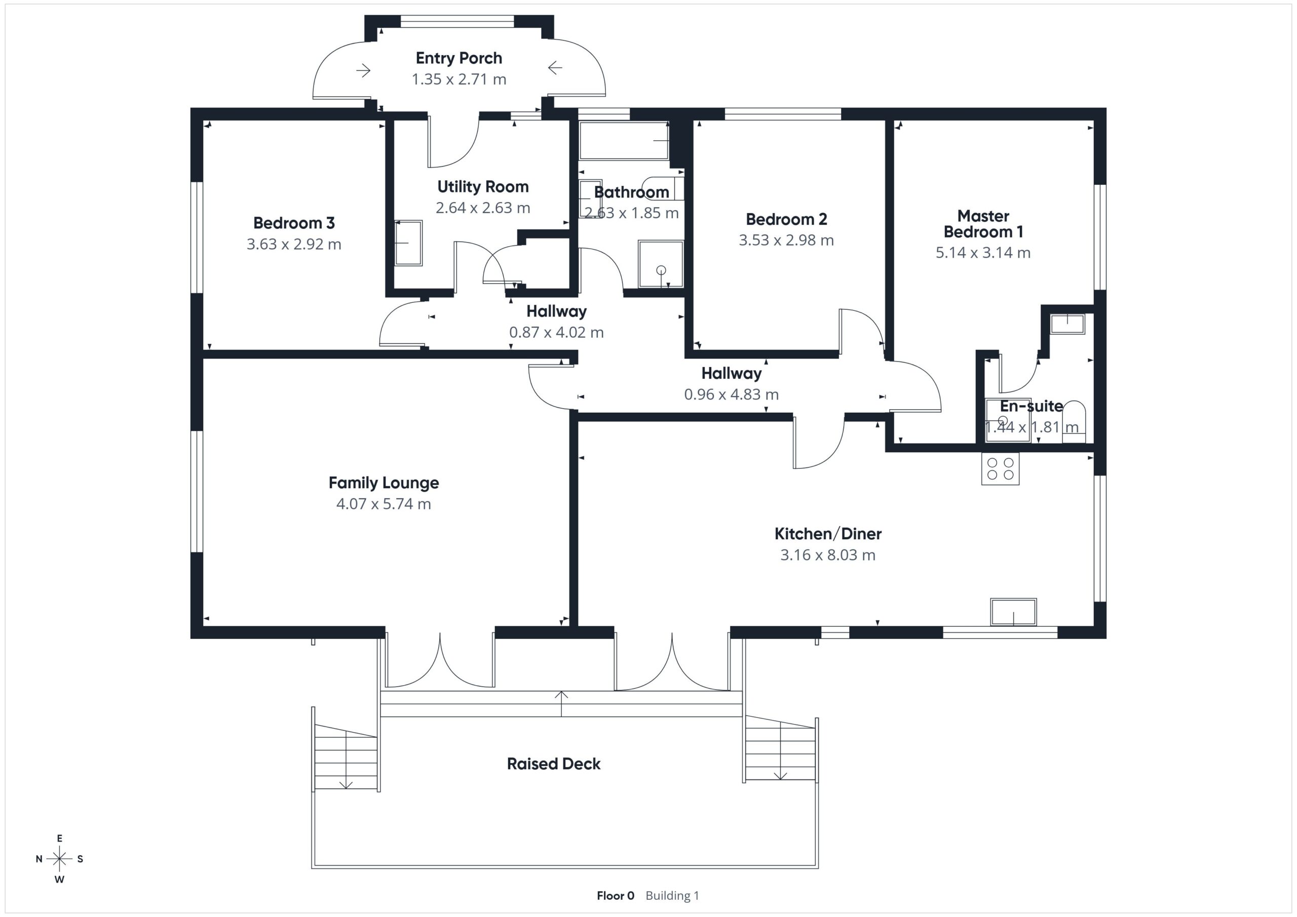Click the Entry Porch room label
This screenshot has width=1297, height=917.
click(459, 58)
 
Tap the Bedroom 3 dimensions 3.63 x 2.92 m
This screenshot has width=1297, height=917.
click(294, 245)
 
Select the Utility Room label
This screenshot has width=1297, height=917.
click(483, 187)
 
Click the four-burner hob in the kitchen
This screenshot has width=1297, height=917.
click(1000, 469)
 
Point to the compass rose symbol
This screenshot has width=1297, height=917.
click(59, 859)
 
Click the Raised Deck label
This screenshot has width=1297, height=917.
click(554, 764)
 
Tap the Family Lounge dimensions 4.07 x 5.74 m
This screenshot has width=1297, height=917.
click(384, 504)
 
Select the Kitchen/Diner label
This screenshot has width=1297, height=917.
click(827, 534)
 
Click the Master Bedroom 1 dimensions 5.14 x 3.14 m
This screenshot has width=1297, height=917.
click(983, 252)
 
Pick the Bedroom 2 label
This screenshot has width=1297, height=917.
click(786, 219)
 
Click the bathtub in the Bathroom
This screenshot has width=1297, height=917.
click(624, 141)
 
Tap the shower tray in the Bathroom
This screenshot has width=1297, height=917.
click(661, 264)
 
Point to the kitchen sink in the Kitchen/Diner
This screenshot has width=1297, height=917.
click(1013, 612)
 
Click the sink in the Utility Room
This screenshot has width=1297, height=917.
click(408, 243)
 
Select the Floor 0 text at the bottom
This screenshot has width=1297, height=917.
click(615, 896)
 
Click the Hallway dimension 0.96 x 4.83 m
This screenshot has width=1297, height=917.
click(731, 394)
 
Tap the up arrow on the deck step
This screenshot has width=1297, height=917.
click(561, 703)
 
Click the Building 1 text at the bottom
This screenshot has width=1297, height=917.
click(672, 896)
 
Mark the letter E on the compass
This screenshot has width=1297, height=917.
click(59, 839)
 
